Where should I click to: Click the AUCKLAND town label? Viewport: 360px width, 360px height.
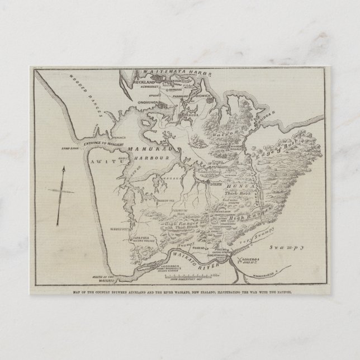[146, 82]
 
